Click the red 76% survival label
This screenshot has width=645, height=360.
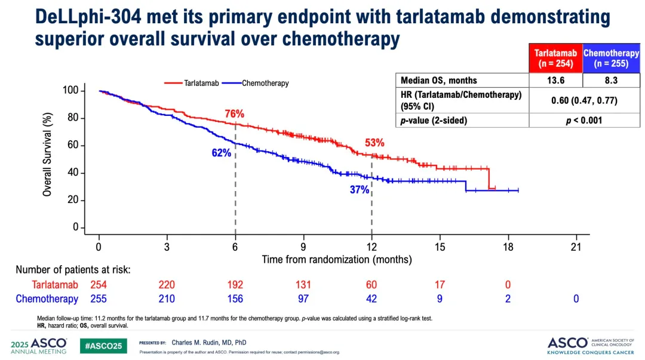(235, 114)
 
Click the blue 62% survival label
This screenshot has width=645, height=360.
(221, 153)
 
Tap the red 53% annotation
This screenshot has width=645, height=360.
(374, 143)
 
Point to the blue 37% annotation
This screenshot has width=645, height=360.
(360, 190)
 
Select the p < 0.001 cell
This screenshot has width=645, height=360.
(583, 120)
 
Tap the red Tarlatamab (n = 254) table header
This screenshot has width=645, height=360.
(555, 58)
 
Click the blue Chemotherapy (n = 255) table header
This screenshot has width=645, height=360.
(611, 58)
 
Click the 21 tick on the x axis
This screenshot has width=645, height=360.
(576, 247)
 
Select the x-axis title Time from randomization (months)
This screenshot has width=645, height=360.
(337, 260)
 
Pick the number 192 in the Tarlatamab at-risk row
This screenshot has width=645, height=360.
(235, 285)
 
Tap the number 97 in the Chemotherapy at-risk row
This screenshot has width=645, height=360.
(303, 299)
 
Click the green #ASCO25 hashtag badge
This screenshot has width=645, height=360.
(103, 346)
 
